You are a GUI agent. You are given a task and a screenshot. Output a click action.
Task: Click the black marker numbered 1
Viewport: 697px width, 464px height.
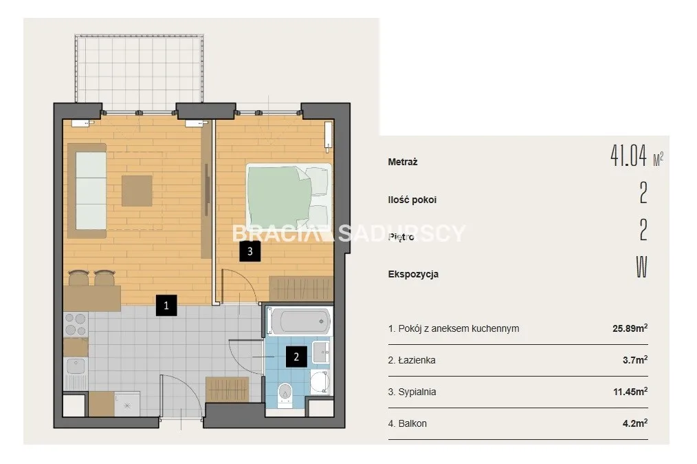click(166, 306)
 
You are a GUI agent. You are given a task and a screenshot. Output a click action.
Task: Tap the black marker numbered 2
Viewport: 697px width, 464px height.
click(296, 357)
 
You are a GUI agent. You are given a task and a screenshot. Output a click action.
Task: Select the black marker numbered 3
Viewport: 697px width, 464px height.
click(250, 251)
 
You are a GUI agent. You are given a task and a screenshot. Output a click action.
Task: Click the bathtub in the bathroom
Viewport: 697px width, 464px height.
click(299, 321)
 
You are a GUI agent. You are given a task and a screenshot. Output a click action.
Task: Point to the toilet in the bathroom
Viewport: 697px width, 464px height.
click(285, 394)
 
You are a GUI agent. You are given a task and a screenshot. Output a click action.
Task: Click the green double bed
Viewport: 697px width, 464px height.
click(289, 196)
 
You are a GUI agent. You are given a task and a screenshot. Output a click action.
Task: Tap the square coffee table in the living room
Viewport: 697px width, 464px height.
click(137, 191)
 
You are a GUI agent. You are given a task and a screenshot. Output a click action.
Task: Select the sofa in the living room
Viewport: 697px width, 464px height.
click(87, 191)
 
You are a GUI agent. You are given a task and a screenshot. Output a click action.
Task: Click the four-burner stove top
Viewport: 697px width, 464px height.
click(76, 325)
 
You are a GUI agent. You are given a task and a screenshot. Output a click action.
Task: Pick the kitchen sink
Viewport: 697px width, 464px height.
click(76, 366)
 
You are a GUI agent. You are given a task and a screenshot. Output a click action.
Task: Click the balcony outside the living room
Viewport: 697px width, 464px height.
click(139, 69)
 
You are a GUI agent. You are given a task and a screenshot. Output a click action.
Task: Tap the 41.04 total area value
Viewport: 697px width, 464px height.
click(628, 156)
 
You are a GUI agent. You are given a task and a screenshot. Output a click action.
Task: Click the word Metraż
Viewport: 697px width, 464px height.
click(403, 162)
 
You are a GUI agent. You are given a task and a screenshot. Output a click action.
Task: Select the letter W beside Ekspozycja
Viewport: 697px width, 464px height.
click(641, 267)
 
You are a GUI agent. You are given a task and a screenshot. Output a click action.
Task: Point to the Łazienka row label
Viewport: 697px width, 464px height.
click(412, 360)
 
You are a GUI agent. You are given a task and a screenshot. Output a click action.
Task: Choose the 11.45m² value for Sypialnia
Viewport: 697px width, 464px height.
click(630, 392)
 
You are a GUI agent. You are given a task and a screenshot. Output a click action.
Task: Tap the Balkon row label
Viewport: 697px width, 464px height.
click(407, 423)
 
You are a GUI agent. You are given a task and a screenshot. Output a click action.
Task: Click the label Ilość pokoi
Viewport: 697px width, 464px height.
click(412, 200)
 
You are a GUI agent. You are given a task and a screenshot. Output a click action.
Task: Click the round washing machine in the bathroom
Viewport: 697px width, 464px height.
click(320, 382)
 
